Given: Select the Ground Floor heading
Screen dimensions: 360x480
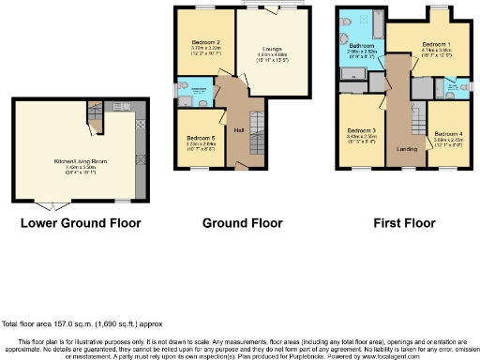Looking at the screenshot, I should pos(242,223).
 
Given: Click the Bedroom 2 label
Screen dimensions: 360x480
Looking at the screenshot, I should pos(204,42).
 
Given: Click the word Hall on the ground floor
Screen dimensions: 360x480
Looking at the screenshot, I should pos(239,129).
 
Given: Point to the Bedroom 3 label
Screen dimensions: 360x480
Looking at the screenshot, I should pos(361,130).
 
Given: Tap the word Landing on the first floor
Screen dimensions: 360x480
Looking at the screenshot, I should pos(406,147).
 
